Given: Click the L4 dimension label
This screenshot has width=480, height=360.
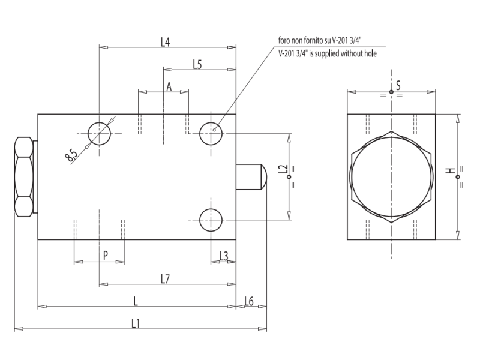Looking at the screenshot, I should pyautogui.click(x=166, y=42).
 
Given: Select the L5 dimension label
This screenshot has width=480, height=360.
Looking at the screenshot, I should pyautogui.click(x=197, y=64).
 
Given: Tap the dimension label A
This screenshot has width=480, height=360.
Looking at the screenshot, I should pyautogui.click(x=169, y=87).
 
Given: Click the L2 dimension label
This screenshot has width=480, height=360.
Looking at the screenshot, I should pyautogui.click(x=284, y=171).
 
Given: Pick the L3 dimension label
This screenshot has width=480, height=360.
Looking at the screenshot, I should pyautogui.click(x=223, y=256).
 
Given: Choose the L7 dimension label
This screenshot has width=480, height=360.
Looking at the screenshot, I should pyautogui.click(x=166, y=278).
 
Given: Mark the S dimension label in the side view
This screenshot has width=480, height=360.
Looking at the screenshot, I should pyautogui.click(x=398, y=86).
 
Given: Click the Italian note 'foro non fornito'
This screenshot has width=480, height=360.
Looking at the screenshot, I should pyautogui.click(x=319, y=41).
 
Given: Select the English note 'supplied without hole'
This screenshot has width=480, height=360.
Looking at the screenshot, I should pyautogui.click(x=328, y=53).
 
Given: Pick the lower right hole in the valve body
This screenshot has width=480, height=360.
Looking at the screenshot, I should pyautogui.click(x=211, y=220).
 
